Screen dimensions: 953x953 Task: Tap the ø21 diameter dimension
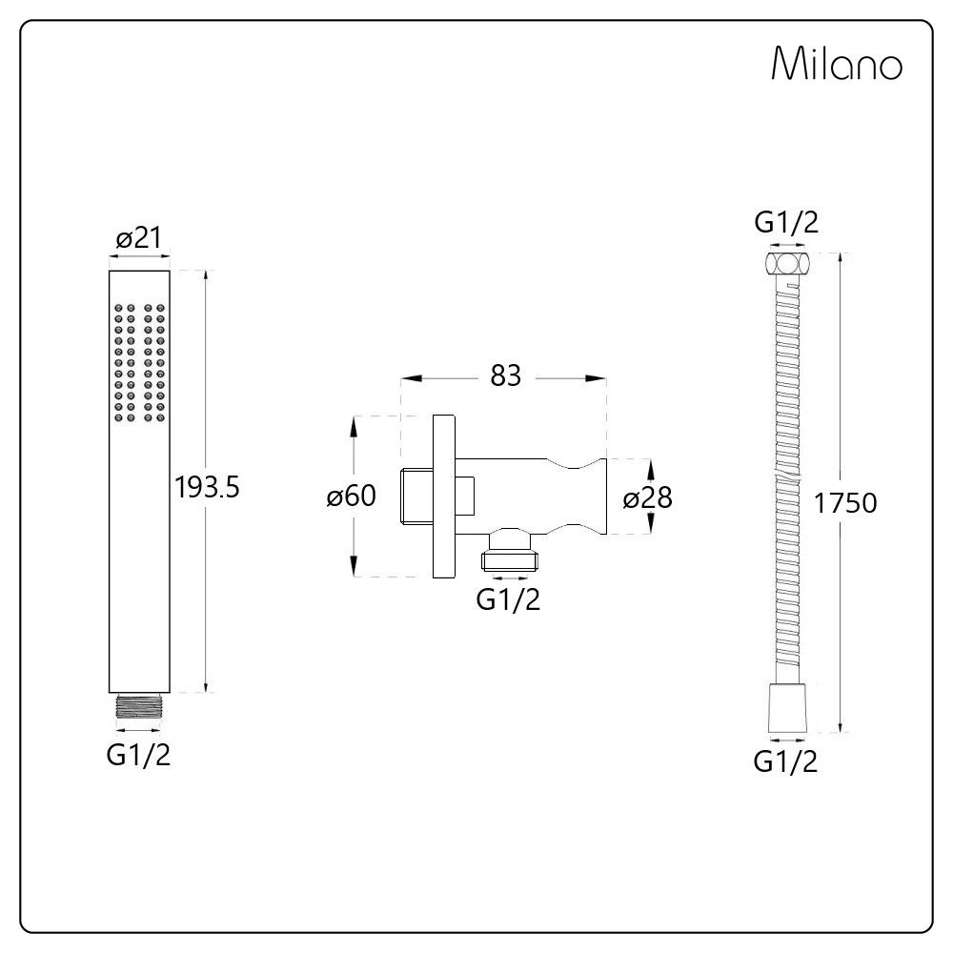point(139,237)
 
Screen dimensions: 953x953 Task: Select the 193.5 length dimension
point(207,487)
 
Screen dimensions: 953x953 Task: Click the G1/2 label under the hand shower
point(138,755)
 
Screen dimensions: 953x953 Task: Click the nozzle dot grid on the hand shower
point(139,363)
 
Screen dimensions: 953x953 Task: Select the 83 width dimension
point(506,375)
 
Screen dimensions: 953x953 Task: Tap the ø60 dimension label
point(352,496)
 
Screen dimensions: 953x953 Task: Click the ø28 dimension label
point(648,498)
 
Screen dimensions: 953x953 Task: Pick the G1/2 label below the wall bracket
point(509,599)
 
